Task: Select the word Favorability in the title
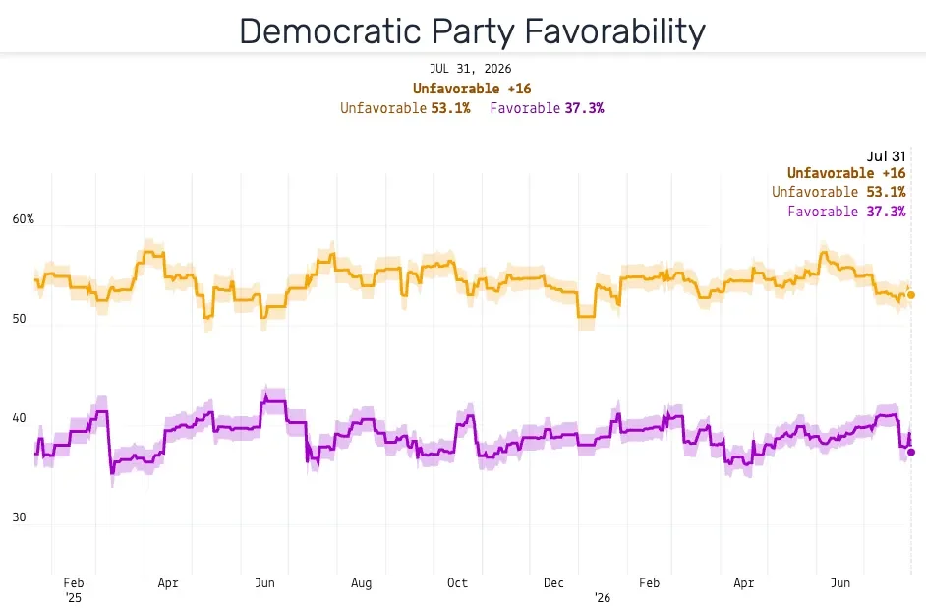click(x=615, y=32)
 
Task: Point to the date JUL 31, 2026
click(x=470, y=69)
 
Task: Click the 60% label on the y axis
click(x=23, y=219)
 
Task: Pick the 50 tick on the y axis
click(x=19, y=319)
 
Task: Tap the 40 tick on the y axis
click(x=19, y=418)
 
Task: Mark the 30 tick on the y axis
click(x=19, y=517)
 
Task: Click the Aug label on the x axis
click(x=361, y=583)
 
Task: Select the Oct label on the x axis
click(x=457, y=583)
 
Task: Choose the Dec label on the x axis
click(x=553, y=583)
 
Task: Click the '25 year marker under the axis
click(x=73, y=598)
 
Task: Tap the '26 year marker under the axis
click(x=602, y=598)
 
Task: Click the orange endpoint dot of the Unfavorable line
click(x=911, y=295)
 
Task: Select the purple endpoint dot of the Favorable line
click(x=911, y=452)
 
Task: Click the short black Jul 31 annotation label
click(x=886, y=156)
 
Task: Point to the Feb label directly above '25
click(x=73, y=583)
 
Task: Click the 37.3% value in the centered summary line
click(x=584, y=108)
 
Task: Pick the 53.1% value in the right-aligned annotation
click(x=886, y=192)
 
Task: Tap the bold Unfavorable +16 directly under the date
click(x=472, y=89)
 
